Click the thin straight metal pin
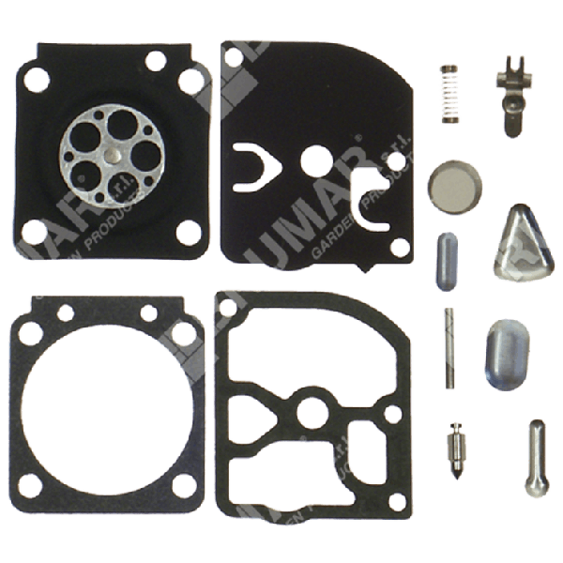(x=450, y=346)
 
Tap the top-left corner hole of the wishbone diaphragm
(x=236, y=59)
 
